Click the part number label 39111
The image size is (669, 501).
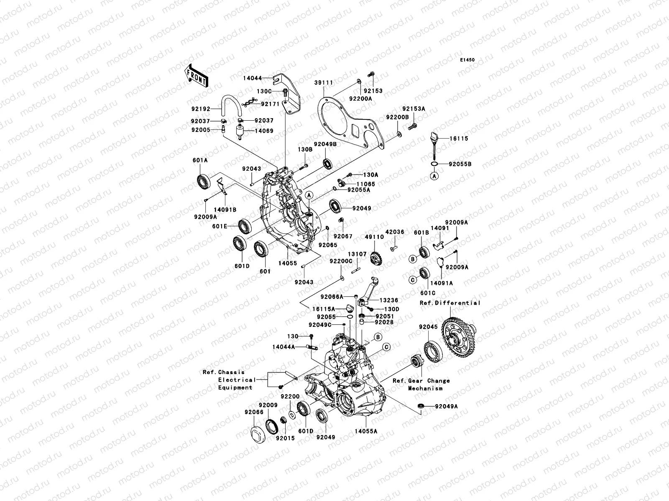324,83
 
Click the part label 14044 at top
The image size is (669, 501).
264,78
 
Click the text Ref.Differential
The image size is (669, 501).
450,303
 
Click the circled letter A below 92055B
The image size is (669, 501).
434,177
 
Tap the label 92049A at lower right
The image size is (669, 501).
446,406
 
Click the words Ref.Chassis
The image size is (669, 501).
224,372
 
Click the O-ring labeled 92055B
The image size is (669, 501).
434,164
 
